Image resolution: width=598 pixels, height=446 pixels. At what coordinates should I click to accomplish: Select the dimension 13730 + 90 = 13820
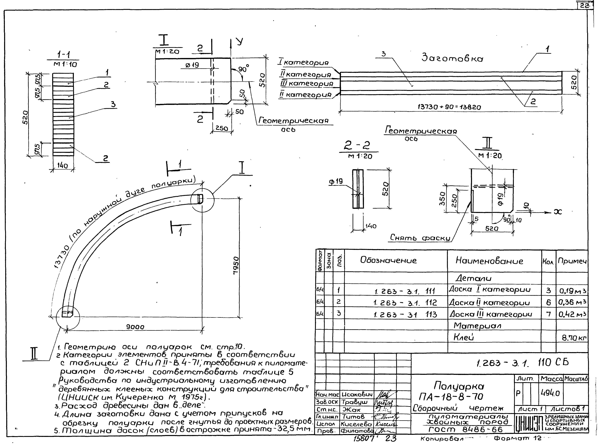(449, 107)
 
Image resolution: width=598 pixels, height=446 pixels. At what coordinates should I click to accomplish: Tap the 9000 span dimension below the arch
(135, 327)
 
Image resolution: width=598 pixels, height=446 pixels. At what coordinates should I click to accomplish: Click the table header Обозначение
(388, 260)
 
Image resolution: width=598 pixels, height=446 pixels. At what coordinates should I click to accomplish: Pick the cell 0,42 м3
(572, 314)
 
